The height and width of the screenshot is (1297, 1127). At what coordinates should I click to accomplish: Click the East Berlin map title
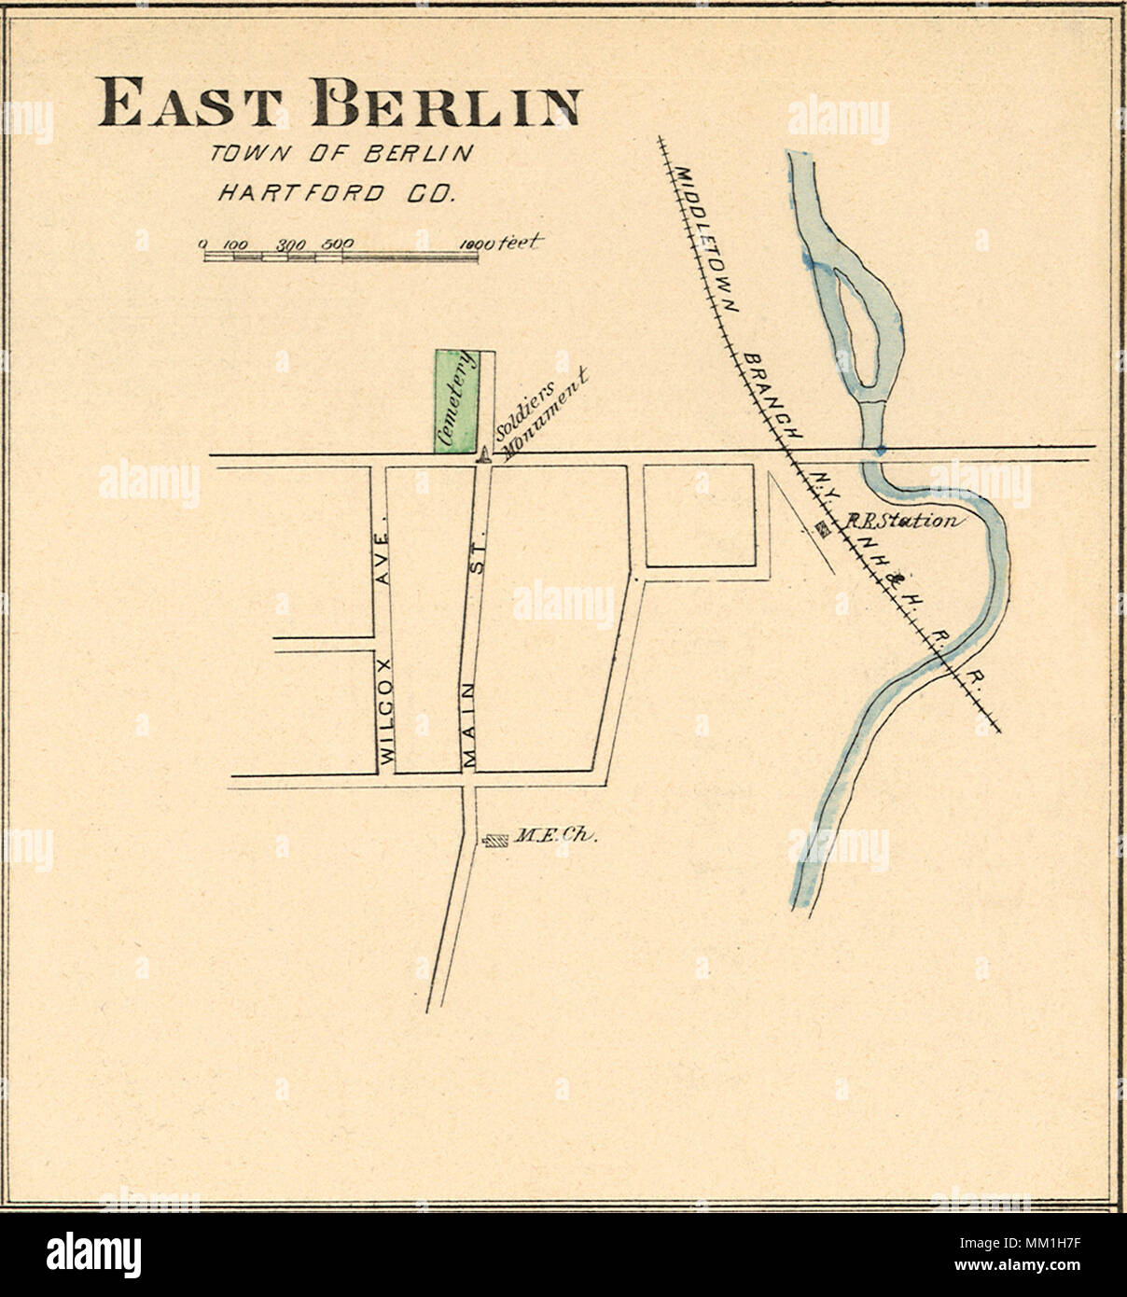coord(339,103)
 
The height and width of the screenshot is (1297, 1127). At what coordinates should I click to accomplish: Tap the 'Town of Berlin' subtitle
coord(341,154)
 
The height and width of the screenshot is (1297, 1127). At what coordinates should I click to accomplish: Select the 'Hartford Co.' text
coord(335,194)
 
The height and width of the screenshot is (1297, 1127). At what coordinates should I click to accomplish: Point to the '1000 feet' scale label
coord(499,244)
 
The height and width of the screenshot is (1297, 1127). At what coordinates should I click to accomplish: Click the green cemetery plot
coord(456,401)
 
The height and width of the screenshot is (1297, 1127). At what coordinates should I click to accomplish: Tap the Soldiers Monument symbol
coord(483,454)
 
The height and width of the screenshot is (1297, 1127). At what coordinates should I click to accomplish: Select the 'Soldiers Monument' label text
coord(541,411)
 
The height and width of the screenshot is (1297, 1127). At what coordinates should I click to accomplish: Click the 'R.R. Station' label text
coord(900,521)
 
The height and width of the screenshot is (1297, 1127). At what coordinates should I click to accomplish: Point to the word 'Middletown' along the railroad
coord(705,239)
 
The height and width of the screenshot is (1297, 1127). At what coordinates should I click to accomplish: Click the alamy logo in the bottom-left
coord(93,1254)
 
